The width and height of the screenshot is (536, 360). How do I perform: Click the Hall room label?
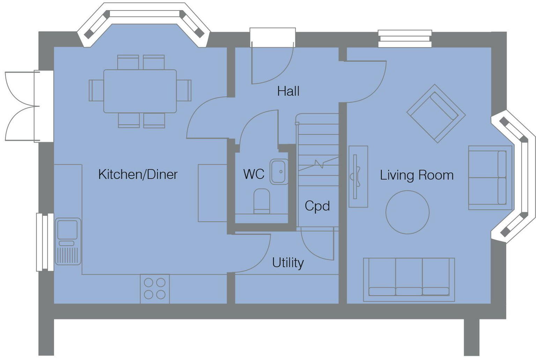click(x=288, y=91)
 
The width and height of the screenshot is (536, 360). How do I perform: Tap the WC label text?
click(x=254, y=174)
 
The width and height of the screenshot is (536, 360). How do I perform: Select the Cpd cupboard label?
click(x=317, y=206)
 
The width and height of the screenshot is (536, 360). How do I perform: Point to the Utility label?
click(x=288, y=262)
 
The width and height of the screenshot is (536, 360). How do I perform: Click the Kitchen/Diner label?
click(x=138, y=174)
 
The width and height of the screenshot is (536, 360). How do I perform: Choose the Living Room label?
click(x=417, y=175)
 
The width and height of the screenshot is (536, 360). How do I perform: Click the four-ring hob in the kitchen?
click(x=155, y=288)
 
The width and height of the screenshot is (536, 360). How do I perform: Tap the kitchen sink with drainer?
click(x=68, y=241)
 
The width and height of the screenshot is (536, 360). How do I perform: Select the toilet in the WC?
click(x=261, y=201)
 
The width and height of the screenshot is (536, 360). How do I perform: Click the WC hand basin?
click(x=279, y=172)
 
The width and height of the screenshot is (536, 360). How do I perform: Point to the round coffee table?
click(x=407, y=212)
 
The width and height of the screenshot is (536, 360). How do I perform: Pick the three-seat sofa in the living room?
click(x=409, y=279)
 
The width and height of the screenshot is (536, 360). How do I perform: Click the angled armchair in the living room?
click(x=436, y=113)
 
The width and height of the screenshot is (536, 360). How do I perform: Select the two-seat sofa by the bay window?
click(x=490, y=178)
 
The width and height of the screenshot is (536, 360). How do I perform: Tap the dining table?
click(x=140, y=91)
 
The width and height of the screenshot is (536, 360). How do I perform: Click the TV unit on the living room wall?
click(x=358, y=177)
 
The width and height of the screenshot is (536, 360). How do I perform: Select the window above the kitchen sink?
click(x=45, y=242)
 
